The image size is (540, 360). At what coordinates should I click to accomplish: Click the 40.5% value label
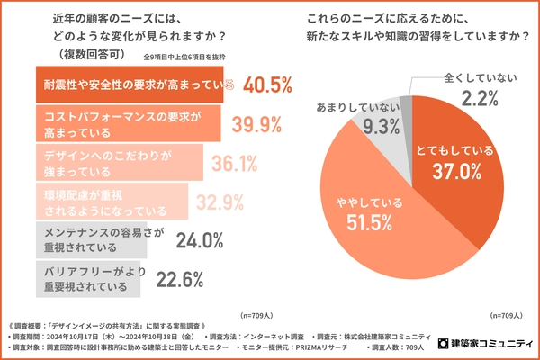(262, 85)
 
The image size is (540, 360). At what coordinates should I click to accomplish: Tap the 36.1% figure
(237, 164)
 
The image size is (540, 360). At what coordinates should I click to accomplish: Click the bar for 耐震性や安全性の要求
(126, 85)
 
